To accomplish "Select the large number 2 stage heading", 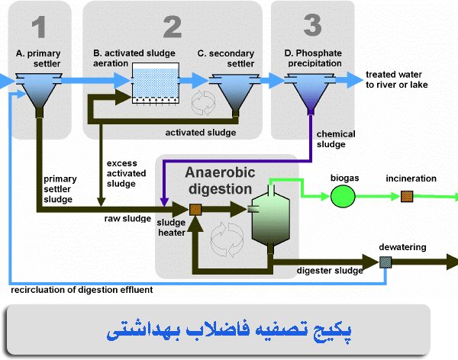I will (172, 27).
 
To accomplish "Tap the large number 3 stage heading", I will (312, 24).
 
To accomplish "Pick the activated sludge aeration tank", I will (156, 83).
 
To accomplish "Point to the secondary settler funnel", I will (234, 91).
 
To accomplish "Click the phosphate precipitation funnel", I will (311, 90).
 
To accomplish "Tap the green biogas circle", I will (342, 196).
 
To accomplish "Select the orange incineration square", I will (407, 196).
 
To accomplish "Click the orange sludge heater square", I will (195, 208).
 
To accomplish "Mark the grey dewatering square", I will (385, 264).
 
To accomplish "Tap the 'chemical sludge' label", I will (336, 139).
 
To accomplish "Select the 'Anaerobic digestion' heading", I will (218, 180).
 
